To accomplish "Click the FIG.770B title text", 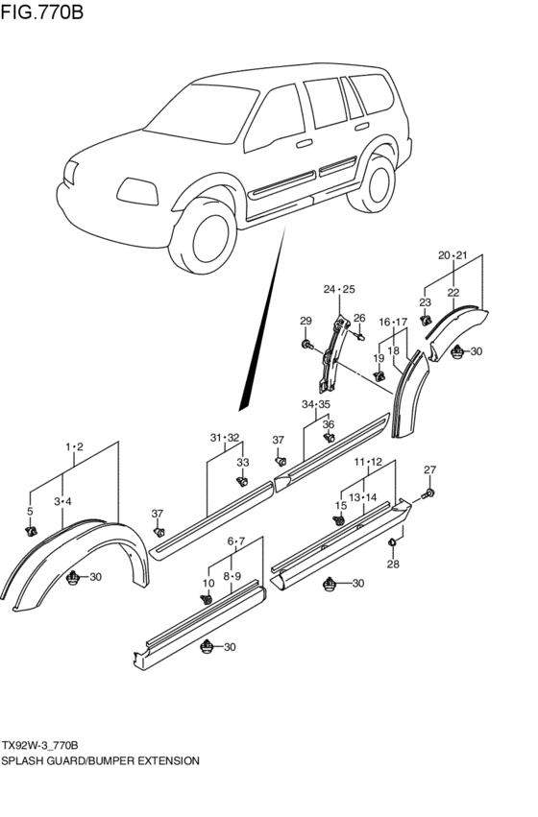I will click(x=42, y=12).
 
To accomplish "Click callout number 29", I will click(x=306, y=321).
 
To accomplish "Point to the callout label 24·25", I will click(x=339, y=289).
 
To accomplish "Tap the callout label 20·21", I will click(x=452, y=255).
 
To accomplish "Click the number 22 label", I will click(x=452, y=292).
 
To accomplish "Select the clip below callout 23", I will click(x=427, y=319).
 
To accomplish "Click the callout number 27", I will click(x=429, y=469).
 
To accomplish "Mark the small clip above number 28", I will click(x=393, y=544).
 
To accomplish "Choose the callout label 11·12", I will click(x=370, y=462).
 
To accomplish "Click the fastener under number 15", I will click(x=340, y=521).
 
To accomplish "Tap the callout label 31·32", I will click(x=225, y=438).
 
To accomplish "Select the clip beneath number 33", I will click(x=242, y=482).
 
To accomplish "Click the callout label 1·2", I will click(x=74, y=447).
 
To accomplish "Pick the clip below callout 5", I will click(x=31, y=530).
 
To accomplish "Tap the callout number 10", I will click(x=208, y=583).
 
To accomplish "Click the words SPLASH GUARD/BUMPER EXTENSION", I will click(x=101, y=759).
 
